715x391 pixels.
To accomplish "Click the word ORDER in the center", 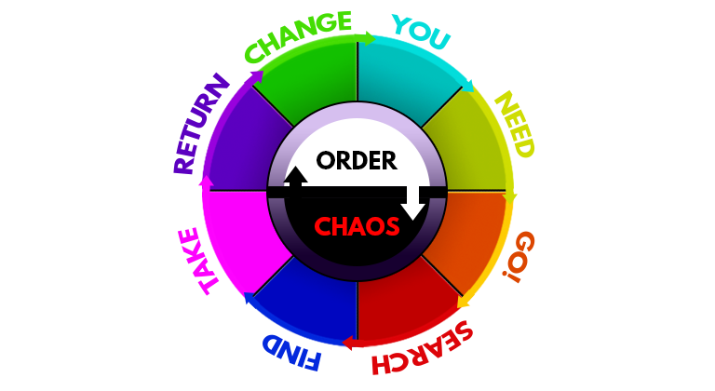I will (x=357, y=161).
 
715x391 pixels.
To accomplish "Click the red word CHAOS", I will (x=357, y=226).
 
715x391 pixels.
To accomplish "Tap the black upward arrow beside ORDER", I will (x=296, y=178).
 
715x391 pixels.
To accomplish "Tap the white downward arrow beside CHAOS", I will (x=412, y=202).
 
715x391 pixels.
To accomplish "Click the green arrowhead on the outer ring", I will (x=366, y=38).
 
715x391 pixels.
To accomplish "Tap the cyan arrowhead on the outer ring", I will (x=467, y=81).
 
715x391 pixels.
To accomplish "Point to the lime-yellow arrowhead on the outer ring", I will (x=510, y=192).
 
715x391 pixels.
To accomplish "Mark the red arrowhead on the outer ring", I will (x=352, y=345).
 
